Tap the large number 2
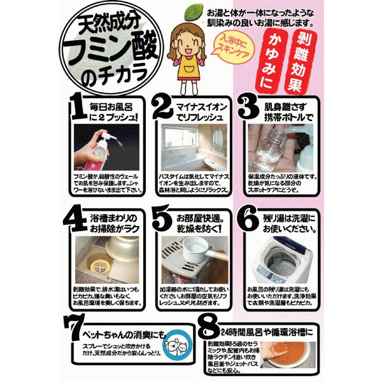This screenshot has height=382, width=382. pos(164,109)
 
